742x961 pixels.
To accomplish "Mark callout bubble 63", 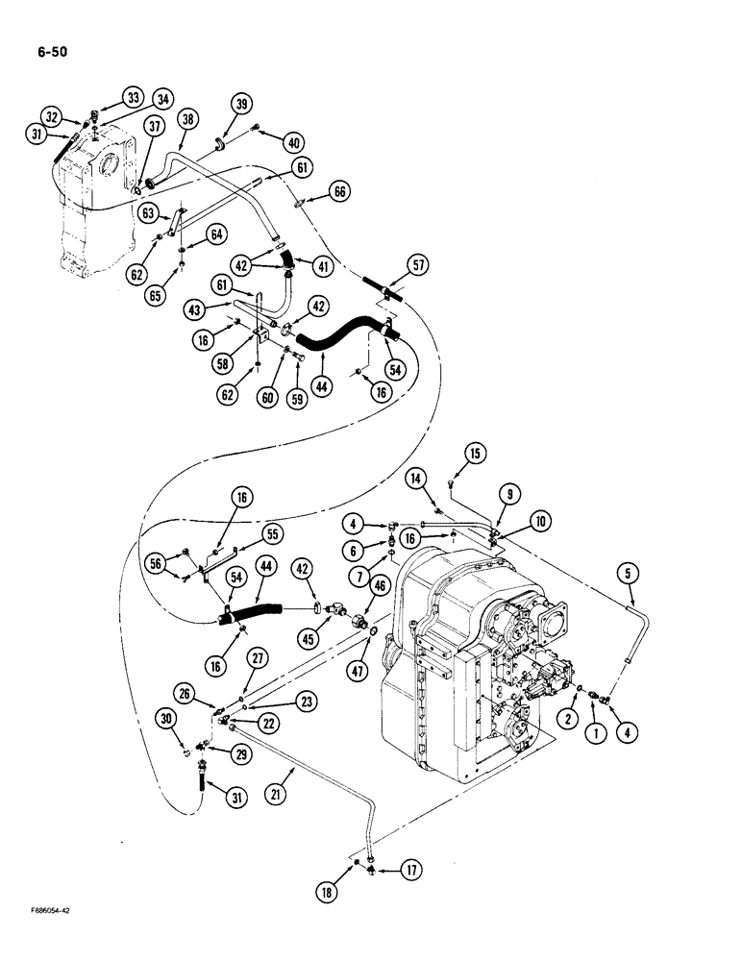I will [x=148, y=212].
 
